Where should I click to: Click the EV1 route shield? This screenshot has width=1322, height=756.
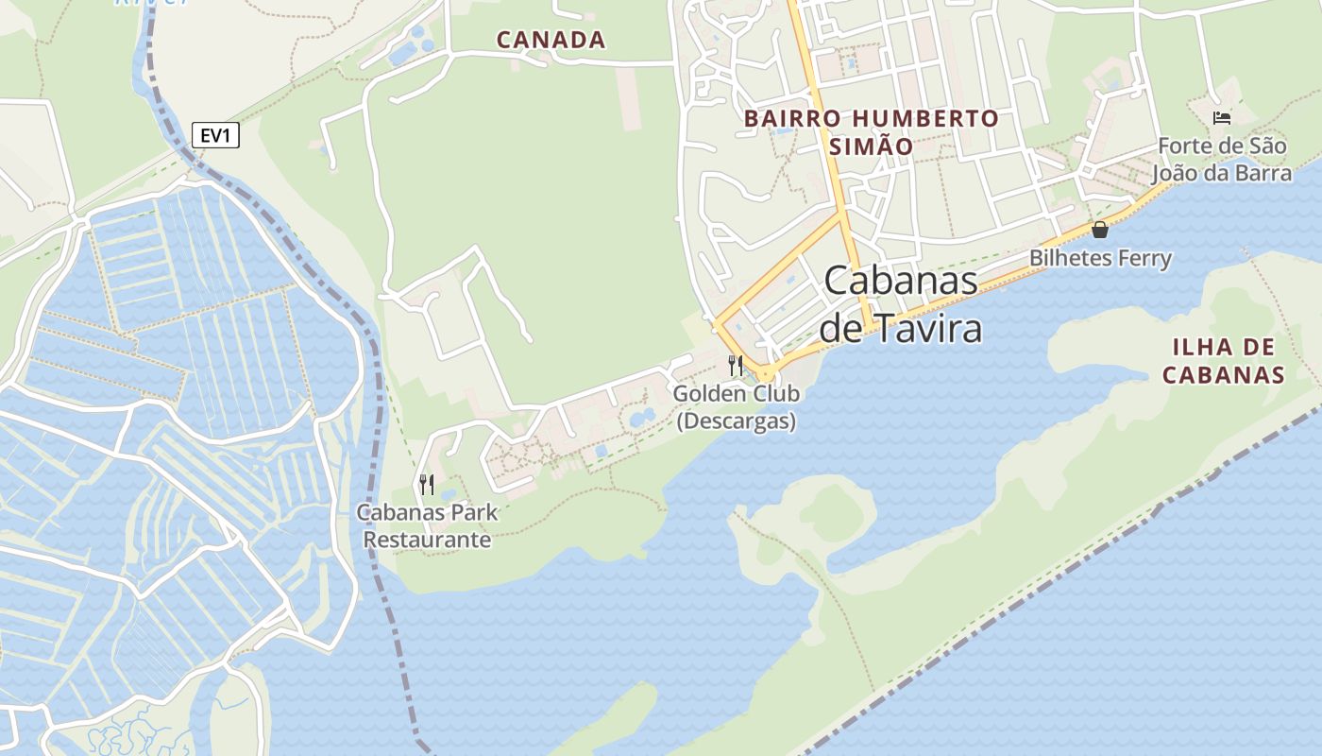[x=215, y=136]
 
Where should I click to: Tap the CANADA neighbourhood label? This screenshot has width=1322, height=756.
[x=551, y=40]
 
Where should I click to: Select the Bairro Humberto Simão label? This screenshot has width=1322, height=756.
[x=871, y=132]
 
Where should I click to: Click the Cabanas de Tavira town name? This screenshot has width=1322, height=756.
[x=900, y=304]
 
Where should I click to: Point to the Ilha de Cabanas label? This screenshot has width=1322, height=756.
[x=1223, y=360]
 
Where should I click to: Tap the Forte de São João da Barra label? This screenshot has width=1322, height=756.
[x=1222, y=160]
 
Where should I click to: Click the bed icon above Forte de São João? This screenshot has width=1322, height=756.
[x=1222, y=118]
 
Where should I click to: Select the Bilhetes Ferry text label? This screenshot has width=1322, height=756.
[x=1100, y=258]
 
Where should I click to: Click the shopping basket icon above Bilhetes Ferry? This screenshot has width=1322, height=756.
[x=1100, y=229]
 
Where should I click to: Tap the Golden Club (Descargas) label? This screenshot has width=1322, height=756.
[x=737, y=407]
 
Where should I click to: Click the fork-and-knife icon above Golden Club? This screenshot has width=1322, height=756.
[x=736, y=365]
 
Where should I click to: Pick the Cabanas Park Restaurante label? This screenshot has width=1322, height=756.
[x=427, y=526]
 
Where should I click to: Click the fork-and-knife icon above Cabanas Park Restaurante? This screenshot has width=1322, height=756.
[x=427, y=485]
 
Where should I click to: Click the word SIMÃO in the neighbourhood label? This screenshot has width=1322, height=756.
[x=871, y=147]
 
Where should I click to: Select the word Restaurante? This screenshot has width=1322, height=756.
[x=428, y=540]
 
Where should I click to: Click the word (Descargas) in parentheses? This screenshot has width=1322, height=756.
[x=737, y=421]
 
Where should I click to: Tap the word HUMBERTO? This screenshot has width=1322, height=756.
[x=924, y=119]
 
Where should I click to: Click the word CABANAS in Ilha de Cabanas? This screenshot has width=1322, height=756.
[x=1223, y=374]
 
